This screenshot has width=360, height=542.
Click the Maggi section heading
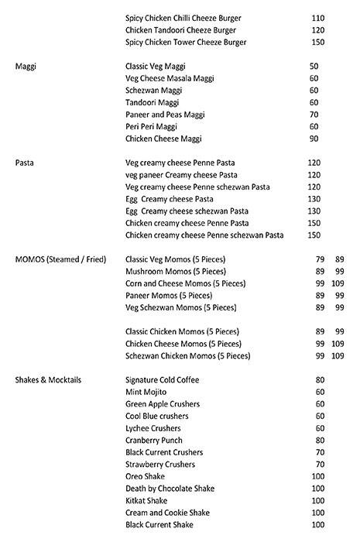(x=26, y=67)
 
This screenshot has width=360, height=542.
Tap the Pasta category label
(x=26, y=163)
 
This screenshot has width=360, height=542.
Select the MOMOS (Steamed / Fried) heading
(x=60, y=259)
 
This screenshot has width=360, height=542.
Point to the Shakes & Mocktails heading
(x=49, y=380)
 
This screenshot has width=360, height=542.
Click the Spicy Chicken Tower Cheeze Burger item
(x=186, y=42)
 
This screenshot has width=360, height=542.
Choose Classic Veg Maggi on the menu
(x=155, y=67)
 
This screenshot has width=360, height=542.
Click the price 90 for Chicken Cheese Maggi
(x=314, y=139)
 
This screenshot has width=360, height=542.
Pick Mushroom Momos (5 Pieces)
(x=176, y=271)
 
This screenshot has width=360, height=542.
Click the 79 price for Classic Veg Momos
(x=319, y=259)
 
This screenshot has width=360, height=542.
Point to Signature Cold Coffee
(x=162, y=380)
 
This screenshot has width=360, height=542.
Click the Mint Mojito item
(x=146, y=393)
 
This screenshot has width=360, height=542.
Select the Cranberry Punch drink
(x=153, y=440)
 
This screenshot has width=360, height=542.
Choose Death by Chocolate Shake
(x=170, y=489)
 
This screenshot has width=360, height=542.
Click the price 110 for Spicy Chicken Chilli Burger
(x=317, y=18)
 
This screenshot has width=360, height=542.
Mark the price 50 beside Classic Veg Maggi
(x=314, y=67)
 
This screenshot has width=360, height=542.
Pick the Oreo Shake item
(x=146, y=476)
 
